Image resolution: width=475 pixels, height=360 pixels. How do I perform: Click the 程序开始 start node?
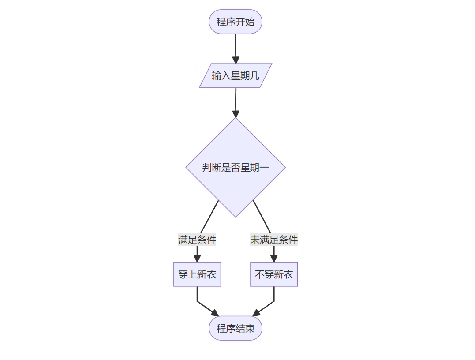(235, 22)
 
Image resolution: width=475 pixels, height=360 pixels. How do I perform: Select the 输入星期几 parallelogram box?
(235, 75)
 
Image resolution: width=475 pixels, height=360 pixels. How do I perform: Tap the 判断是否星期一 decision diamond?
(235, 167)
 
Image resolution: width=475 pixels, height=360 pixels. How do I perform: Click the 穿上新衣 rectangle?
(197, 274)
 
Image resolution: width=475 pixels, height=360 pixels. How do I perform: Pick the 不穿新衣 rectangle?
(274, 274)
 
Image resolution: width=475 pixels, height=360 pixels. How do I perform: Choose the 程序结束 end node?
(235, 328)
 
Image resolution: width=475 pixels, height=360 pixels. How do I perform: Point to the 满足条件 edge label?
(197, 240)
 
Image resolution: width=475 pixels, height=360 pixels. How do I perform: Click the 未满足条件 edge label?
(274, 240)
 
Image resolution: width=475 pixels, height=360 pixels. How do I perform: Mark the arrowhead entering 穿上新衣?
(197, 259)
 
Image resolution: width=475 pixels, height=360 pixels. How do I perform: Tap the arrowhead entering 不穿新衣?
(274, 259)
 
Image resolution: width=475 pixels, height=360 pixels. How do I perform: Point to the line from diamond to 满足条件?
(209, 217)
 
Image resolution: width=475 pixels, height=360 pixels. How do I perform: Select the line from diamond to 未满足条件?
(262, 217)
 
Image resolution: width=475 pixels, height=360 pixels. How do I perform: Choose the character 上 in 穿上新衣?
(192, 274)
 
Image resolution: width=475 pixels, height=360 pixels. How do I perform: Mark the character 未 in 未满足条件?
(255, 240)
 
